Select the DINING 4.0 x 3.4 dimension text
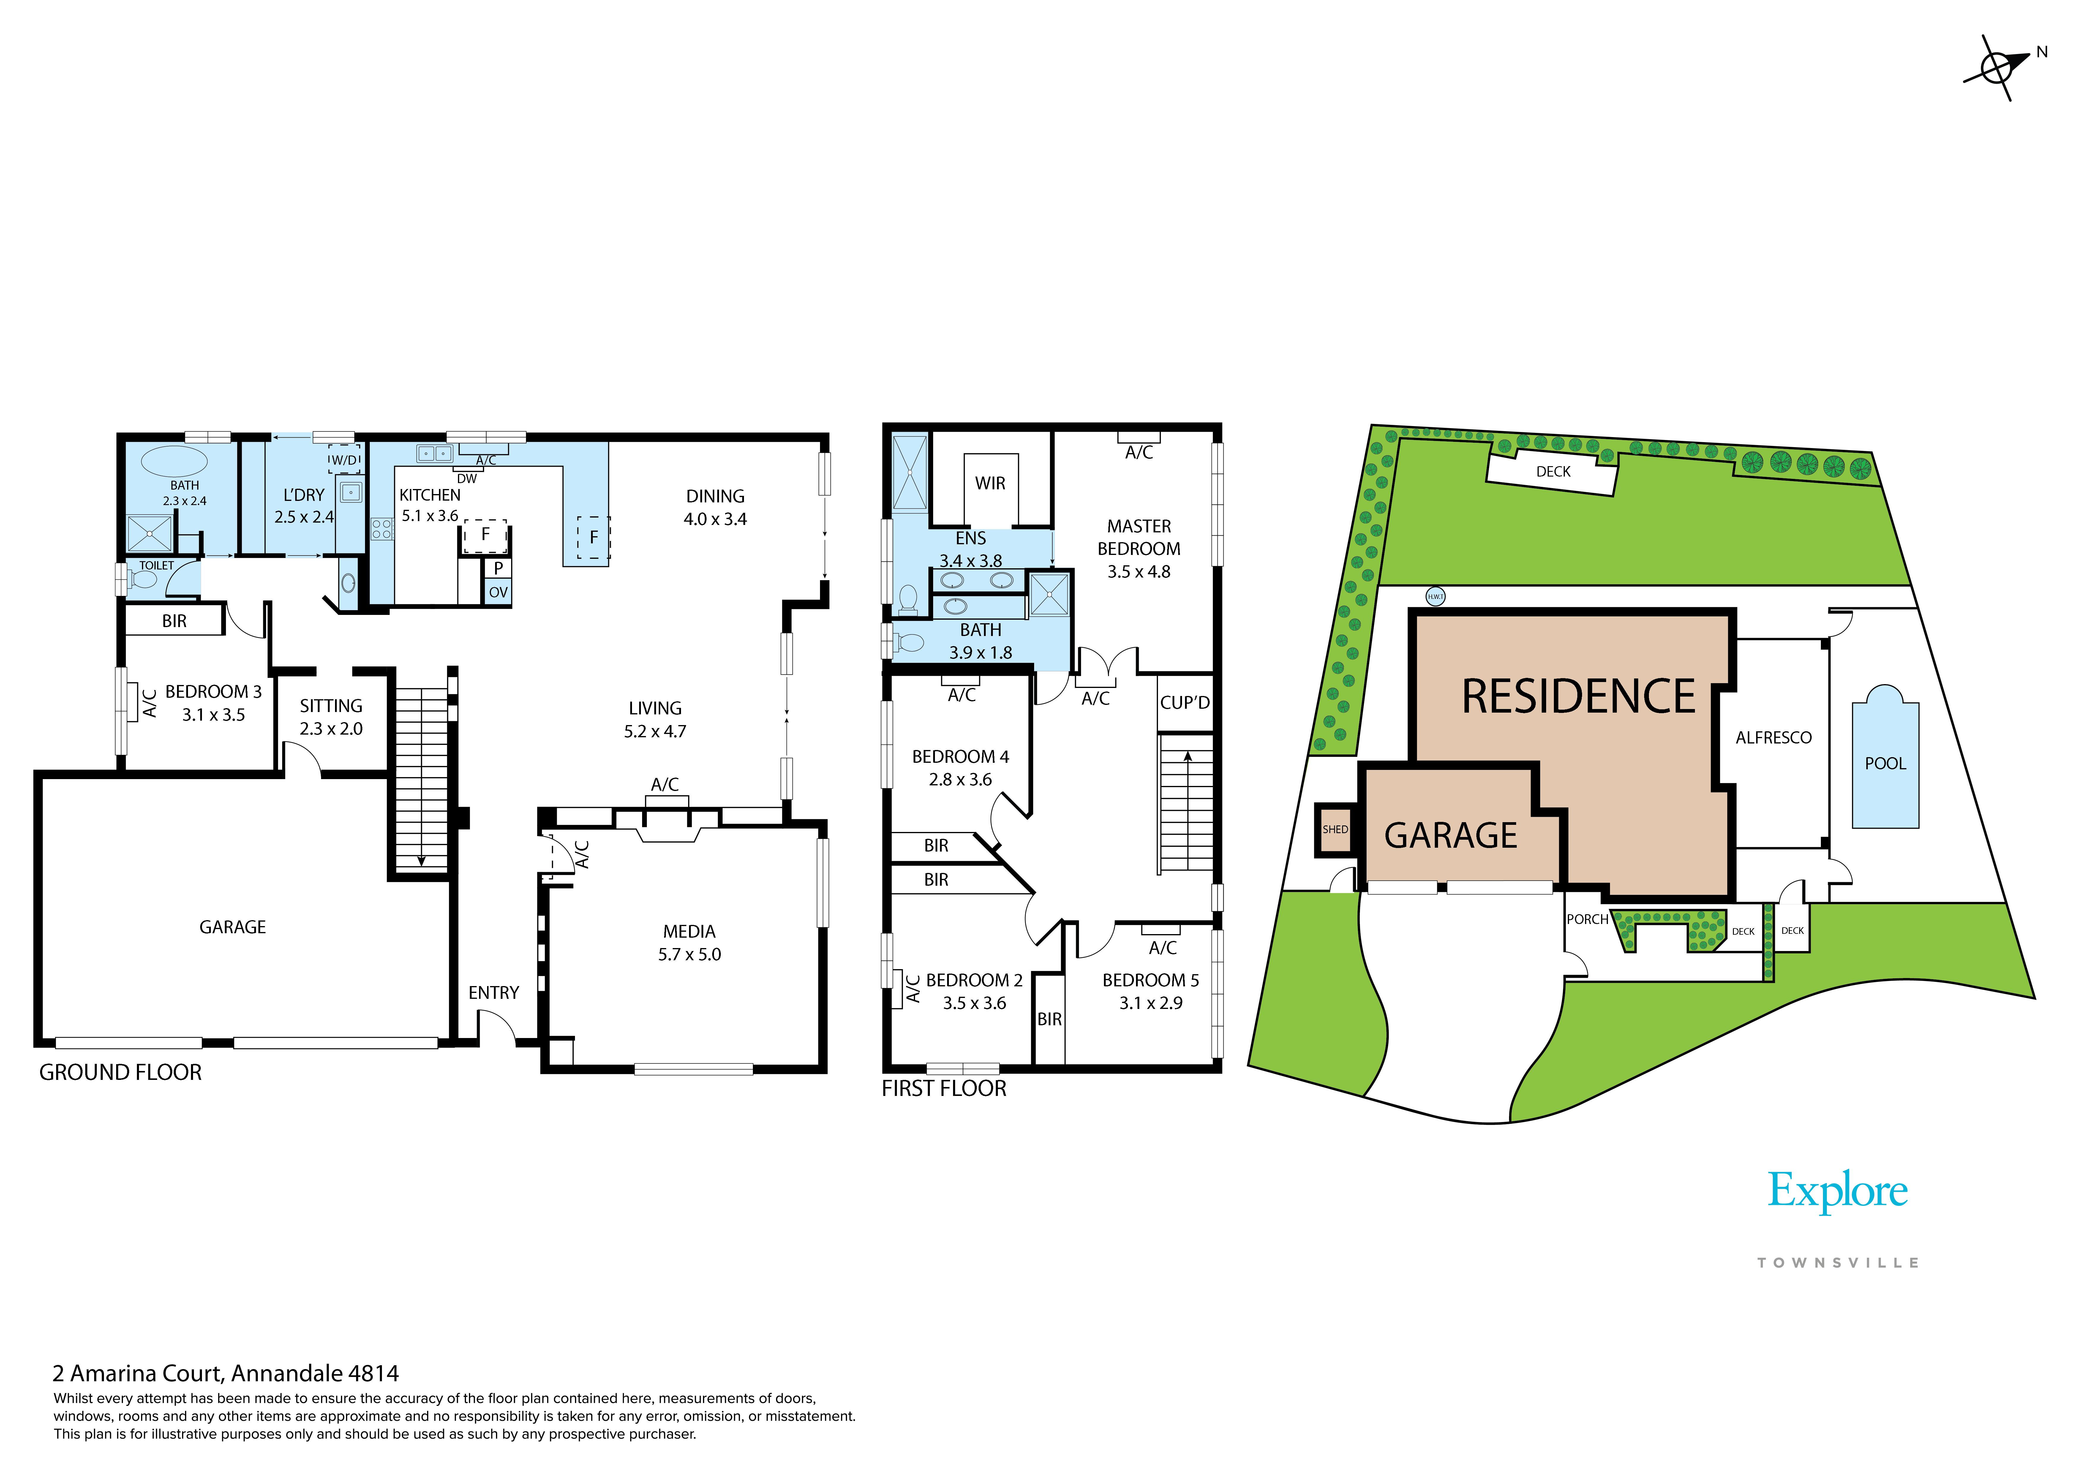coord(715,519)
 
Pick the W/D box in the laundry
coord(344,459)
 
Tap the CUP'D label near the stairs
coord(1184,703)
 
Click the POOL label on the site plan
coord(1885,763)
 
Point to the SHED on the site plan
coord(1335,830)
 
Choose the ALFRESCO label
coord(1774,738)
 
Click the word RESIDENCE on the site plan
coord(1579,696)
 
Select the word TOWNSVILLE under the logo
coord(1838,1262)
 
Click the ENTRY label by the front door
coord(494,993)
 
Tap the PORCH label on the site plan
coord(1587,919)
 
